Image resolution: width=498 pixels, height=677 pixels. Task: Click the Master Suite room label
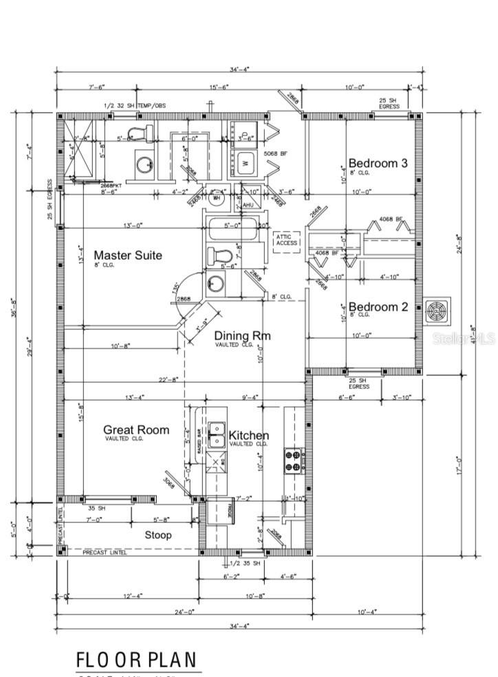coord(128,256)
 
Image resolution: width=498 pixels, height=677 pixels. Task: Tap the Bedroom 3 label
coord(378,164)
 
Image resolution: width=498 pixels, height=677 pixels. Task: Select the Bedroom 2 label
coord(378,307)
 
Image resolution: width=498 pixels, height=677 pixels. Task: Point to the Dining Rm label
coord(242,336)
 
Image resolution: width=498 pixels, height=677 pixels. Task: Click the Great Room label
coord(136,430)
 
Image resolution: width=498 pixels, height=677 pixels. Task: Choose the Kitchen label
coord(248,436)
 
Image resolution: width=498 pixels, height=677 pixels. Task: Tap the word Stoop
coord(158,535)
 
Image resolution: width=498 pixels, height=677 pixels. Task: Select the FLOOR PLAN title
coord(136,660)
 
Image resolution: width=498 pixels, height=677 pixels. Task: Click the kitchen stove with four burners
coord(293,460)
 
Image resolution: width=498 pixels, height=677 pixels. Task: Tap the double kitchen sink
coord(218,434)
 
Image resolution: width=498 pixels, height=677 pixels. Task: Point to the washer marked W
coord(244,164)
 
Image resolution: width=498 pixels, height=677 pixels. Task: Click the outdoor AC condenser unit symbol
coord(437,311)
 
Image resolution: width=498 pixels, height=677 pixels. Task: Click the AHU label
coord(248,204)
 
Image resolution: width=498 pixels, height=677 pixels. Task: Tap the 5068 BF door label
coord(274,155)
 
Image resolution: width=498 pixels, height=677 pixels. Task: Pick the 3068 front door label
coord(170,482)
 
